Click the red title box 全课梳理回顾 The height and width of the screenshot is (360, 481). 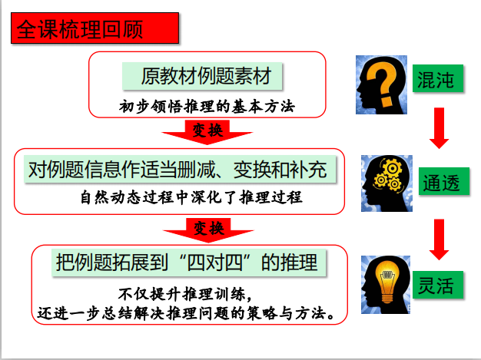click(95, 31)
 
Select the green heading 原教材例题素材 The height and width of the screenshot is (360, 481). click(202, 77)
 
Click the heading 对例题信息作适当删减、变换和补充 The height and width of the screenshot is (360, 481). click(178, 168)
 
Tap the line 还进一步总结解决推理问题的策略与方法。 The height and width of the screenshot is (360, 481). click(187, 313)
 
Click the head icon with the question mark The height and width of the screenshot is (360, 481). click(382, 82)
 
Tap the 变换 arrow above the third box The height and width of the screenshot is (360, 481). click(207, 230)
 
